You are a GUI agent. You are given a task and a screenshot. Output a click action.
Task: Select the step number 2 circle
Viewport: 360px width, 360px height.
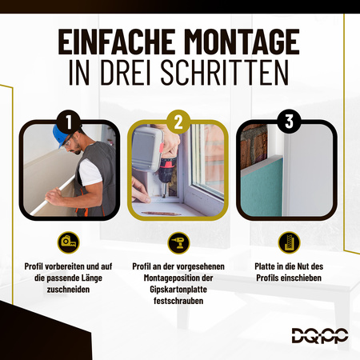(x=179, y=123)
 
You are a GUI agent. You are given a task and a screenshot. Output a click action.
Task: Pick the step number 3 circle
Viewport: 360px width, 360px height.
(x=287, y=123)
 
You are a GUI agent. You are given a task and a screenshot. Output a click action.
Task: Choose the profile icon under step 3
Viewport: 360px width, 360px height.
(x=287, y=242)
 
